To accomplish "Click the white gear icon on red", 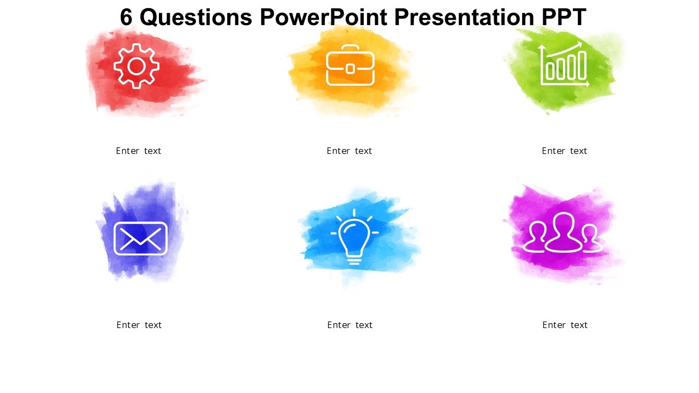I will (x=137, y=66).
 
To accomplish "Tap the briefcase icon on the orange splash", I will (x=350, y=65).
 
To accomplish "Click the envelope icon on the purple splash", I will (x=140, y=239).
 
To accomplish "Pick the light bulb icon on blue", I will (x=354, y=237).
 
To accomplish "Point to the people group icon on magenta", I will (x=562, y=233).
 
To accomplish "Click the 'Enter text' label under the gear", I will (x=139, y=151).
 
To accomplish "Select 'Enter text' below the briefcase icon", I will (x=349, y=151).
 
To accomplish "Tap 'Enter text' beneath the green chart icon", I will (x=565, y=151).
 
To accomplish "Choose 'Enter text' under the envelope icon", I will (x=139, y=325).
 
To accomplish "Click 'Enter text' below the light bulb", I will (x=350, y=325).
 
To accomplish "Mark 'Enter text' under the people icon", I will (x=565, y=325).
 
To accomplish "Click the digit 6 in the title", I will (x=126, y=17).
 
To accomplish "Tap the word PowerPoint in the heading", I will (x=323, y=17).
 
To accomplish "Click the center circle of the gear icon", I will (x=137, y=66).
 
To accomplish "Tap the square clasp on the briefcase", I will (x=350, y=69).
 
